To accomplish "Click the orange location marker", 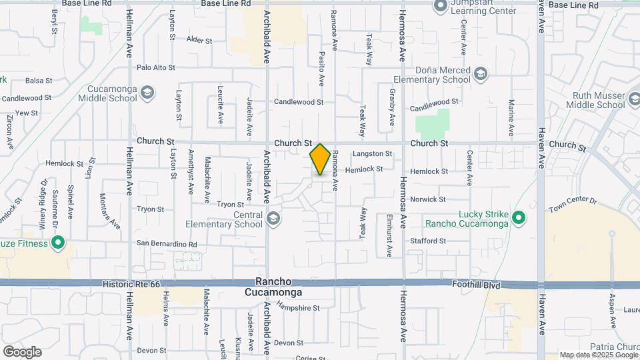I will tap(321, 159).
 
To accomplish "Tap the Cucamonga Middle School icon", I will tap(147, 93).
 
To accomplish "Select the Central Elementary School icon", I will tap(273, 219).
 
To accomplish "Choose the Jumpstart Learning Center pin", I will tap(440, 7).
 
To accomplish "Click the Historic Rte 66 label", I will tap(131, 284).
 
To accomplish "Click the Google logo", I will tap(22, 351).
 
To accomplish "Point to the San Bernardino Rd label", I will tap(167, 244).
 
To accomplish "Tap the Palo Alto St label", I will tap(155, 67).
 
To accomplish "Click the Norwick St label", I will tap(428, 199).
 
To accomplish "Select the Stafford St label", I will tap(428, 241).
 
